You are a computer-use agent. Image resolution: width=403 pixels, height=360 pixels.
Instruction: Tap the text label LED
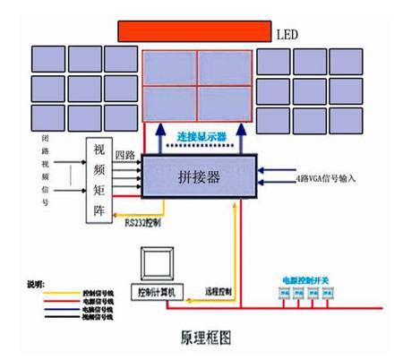tap(286, 35)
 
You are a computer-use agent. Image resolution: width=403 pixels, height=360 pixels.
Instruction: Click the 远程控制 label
tap(218, 292)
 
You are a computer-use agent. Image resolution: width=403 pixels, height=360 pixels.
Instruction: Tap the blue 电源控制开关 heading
tap(298, 279)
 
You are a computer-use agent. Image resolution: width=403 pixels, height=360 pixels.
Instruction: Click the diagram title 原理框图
tap(201, 339)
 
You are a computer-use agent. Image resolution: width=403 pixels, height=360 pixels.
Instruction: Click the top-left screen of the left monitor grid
tap(47, 58)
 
